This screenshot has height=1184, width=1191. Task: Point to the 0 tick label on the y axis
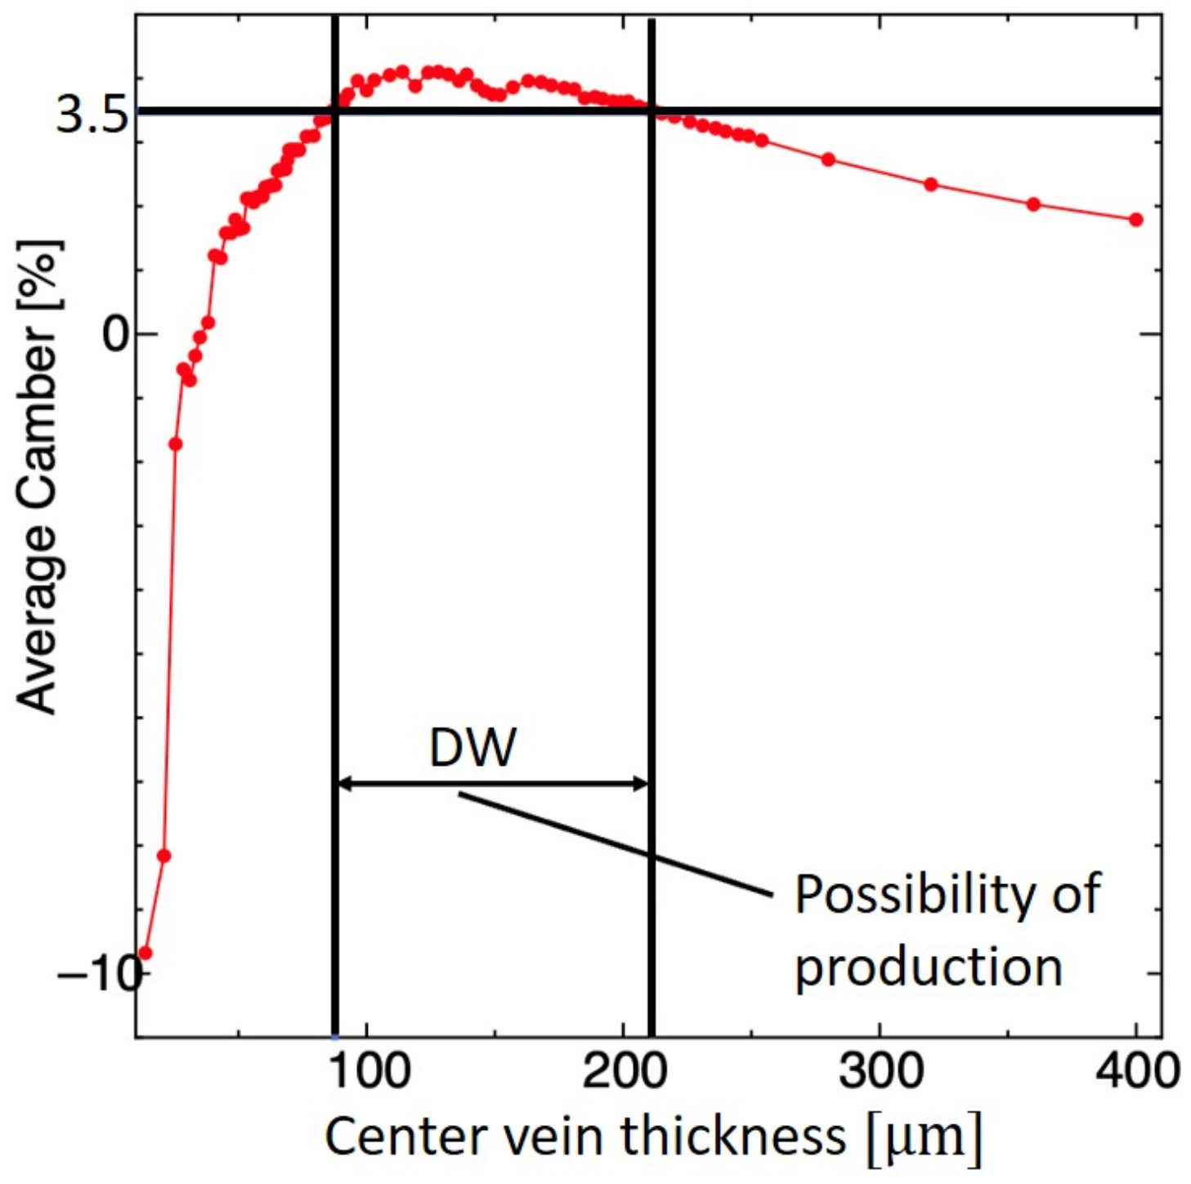click(117, 333)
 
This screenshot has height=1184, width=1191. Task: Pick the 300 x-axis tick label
click(880, 1070)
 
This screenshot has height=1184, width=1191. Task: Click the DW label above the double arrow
click(472, 747)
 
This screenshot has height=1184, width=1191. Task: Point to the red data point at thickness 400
click(1135, 220)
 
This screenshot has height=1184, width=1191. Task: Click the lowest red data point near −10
click(146, 953)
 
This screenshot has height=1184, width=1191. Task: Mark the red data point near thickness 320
click(930, 185)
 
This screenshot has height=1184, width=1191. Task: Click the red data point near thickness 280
click(828, 159)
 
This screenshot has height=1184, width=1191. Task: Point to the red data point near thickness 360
click(1033, 204)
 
